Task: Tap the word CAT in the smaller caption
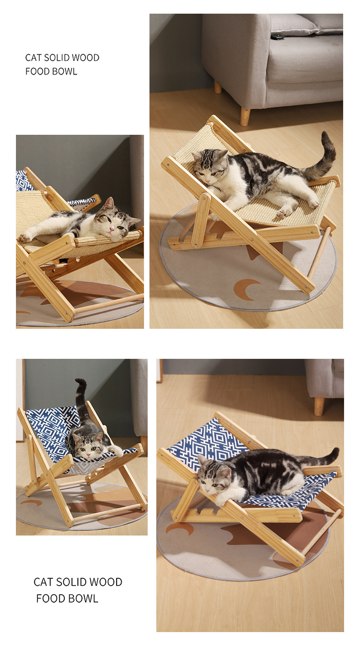[x=33, y=58]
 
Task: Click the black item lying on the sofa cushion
[x=277, y=36]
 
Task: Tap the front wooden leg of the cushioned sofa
[x=245, y=116]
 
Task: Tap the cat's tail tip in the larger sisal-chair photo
[x=324, y=136]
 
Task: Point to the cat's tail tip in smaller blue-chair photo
[x=81, y=382]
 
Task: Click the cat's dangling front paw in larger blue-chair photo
[x=221, y=501]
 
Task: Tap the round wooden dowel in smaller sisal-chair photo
[x=109, y=303]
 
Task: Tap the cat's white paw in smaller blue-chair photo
[x=117, y=451]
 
